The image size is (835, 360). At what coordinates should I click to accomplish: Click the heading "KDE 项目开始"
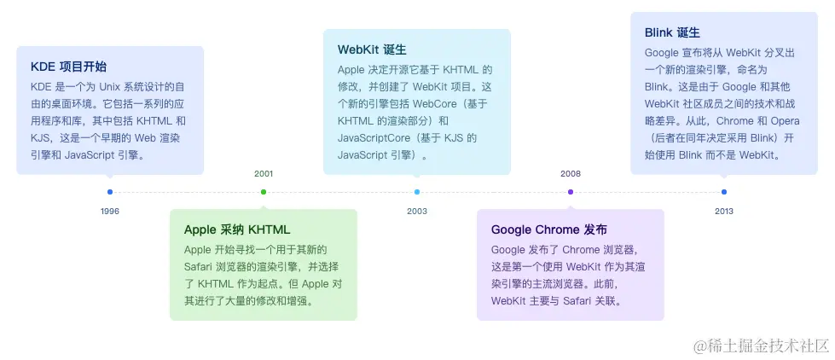point(68,67)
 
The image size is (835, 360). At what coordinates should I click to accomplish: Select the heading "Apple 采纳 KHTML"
point(237,229)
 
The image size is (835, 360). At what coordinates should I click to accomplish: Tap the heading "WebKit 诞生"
point(372,49)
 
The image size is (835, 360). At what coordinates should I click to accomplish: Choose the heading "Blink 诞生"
point(672,32)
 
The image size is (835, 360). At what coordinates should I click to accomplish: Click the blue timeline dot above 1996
point(110,192)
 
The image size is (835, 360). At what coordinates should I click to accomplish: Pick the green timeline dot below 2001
point(264,192)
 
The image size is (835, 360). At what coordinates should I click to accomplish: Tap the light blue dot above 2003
point(417,192)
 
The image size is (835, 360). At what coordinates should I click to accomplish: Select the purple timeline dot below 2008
point(571,192)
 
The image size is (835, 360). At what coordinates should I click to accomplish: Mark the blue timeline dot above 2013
point(724,192)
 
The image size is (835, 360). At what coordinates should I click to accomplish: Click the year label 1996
point(109,211)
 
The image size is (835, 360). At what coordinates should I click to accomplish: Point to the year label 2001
point(264,173)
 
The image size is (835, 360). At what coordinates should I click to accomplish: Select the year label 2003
point(417,211)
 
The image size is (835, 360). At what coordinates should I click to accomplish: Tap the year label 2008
point(571,173)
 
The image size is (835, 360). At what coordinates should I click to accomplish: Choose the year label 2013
point(724,211)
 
